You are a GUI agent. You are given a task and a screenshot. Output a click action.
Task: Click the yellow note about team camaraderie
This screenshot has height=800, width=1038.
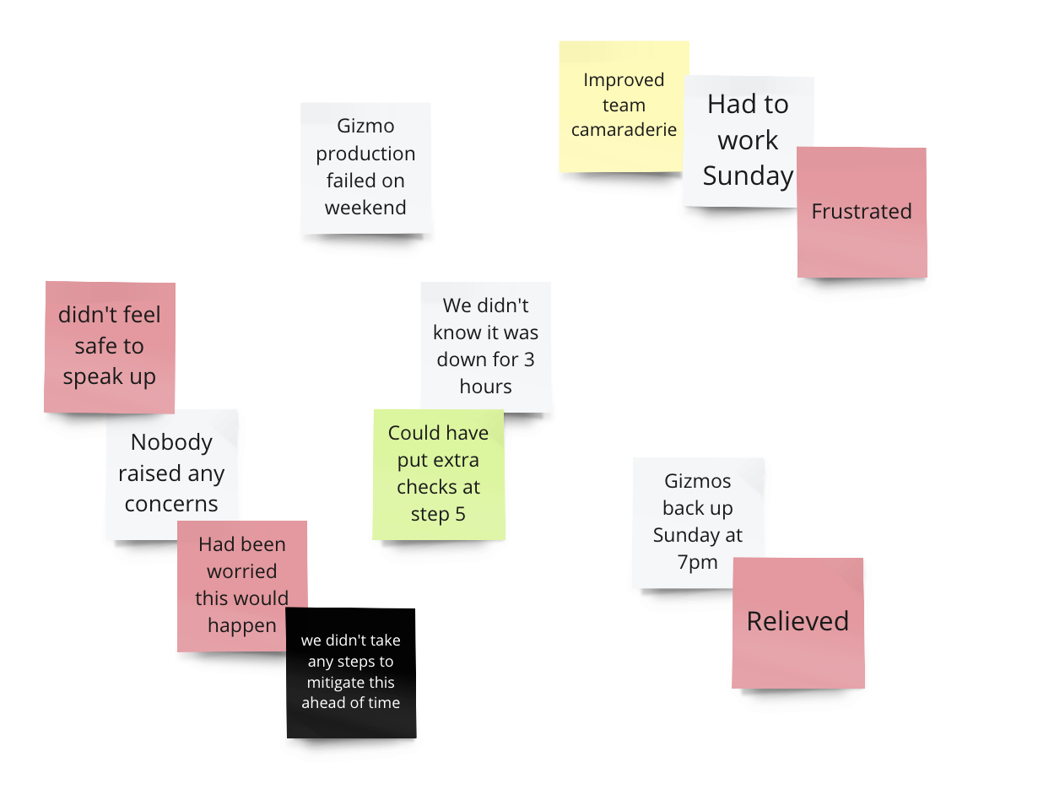(623, 105)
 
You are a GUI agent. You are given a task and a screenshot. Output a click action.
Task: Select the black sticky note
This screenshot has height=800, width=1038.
(350, 673)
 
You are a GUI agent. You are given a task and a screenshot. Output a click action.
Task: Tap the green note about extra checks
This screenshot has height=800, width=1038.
(438, 474)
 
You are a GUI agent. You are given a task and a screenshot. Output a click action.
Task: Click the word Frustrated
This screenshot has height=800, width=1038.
(861, 212)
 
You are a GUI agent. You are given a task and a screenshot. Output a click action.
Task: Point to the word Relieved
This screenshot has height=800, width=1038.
(797, 622)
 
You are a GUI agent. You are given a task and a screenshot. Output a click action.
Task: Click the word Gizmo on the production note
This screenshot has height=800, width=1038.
(365, 127)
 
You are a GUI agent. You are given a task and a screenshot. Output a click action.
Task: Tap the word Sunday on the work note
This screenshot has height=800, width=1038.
(748, 176)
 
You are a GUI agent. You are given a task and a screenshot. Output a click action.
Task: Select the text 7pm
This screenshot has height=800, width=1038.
(697, 562)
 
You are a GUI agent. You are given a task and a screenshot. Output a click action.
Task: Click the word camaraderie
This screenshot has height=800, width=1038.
(624, 130)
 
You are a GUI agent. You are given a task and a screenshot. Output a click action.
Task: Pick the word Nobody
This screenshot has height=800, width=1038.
(171, 442)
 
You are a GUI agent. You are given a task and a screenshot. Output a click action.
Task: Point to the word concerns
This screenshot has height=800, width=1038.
(171, 504)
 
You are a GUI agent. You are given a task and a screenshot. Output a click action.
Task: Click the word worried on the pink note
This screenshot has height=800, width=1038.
(241, 571)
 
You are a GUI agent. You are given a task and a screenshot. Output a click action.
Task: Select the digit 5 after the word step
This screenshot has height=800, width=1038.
(460, 514)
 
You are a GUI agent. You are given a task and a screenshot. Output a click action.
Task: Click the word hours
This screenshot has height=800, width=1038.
(485, 386)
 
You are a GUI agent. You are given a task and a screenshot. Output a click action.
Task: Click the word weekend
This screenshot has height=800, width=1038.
(365, 208)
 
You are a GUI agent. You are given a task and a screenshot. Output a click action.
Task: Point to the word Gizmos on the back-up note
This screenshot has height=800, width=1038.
(697, 481)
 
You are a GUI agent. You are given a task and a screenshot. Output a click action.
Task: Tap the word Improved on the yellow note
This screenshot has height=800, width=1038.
(624, 80)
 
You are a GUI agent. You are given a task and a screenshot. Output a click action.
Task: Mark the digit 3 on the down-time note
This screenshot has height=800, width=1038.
(529, 359)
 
